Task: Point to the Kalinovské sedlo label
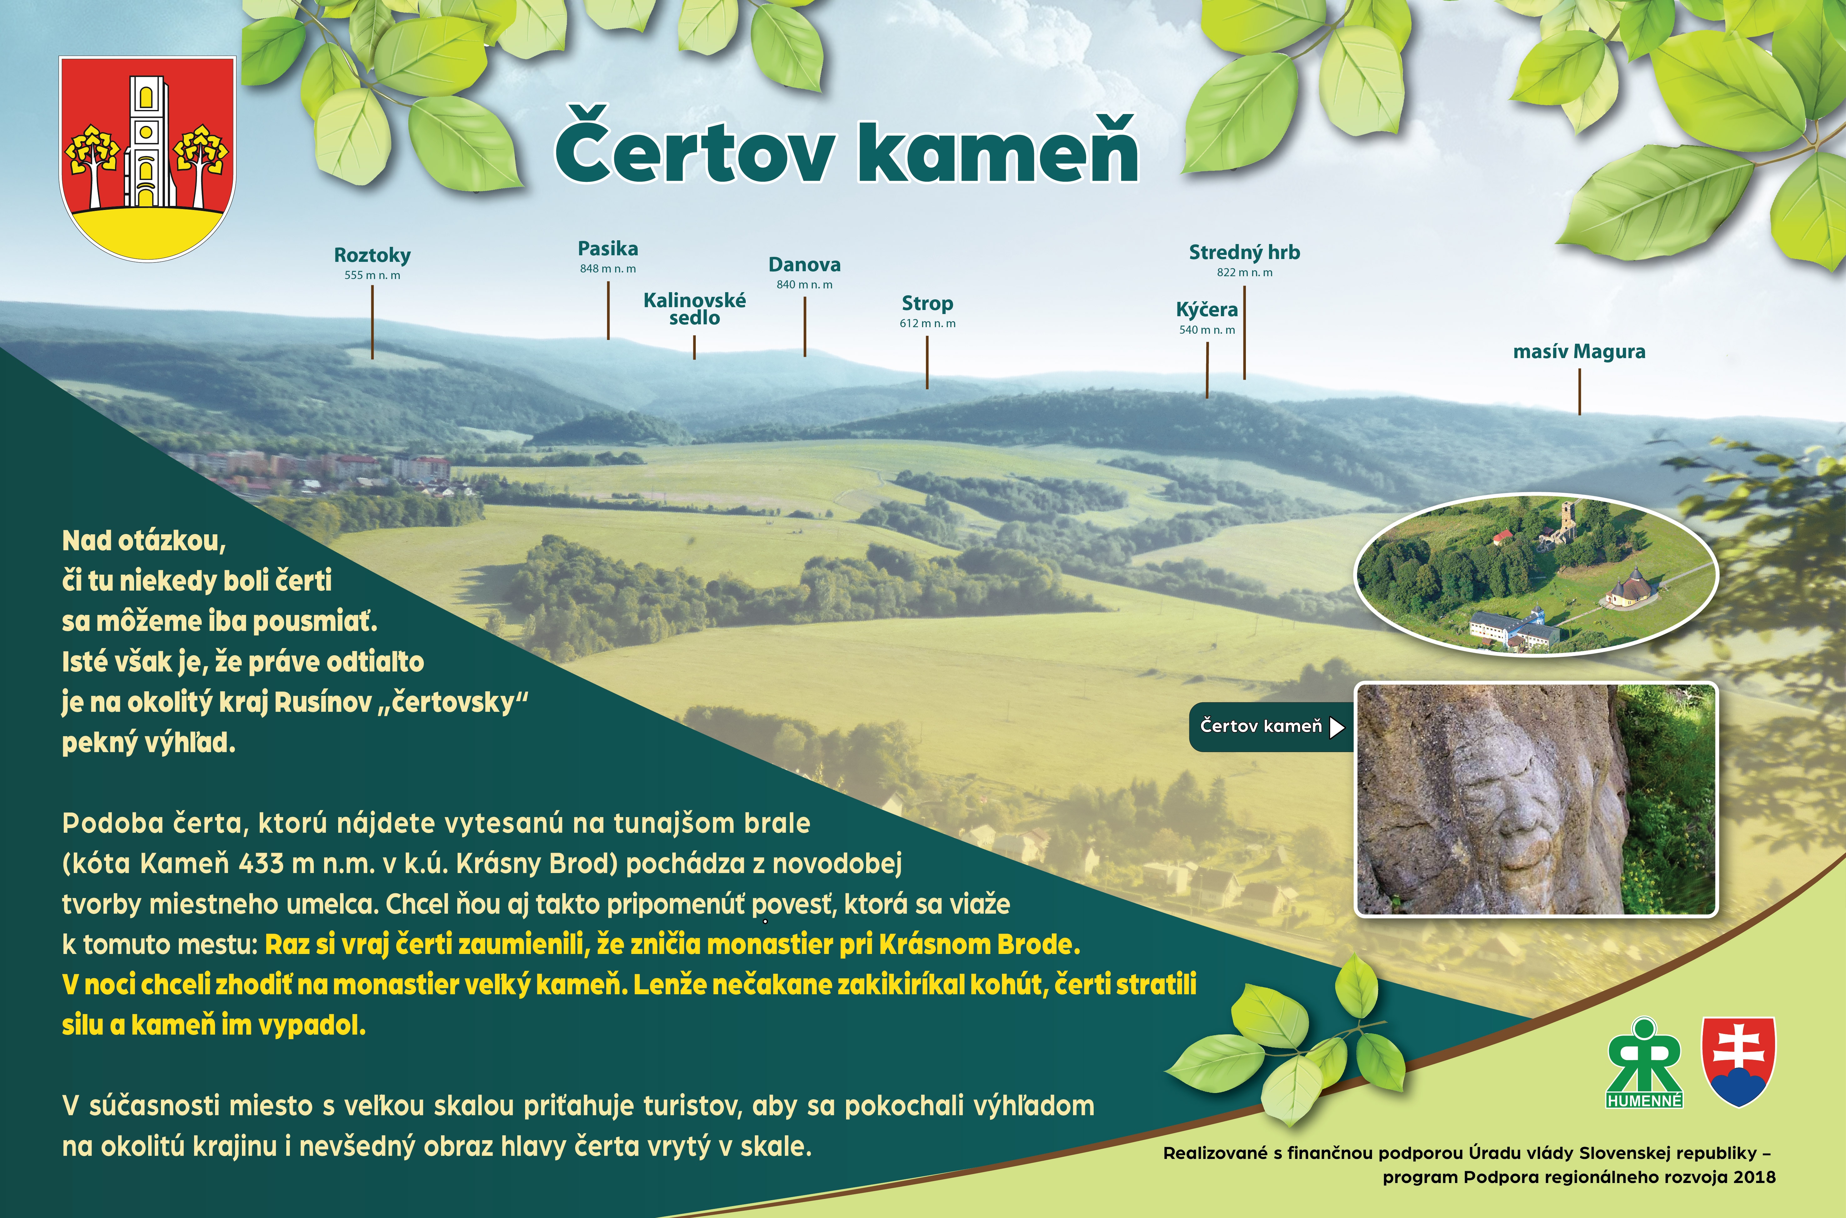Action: tap(695, 308)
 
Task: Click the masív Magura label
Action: tap(1579, 352)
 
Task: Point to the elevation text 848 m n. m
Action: tap(608, 269)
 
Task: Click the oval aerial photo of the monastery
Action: tap(1536, 573)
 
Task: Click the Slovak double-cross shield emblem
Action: tap(1739, 1061)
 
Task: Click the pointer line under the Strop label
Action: tap(927, 362)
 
